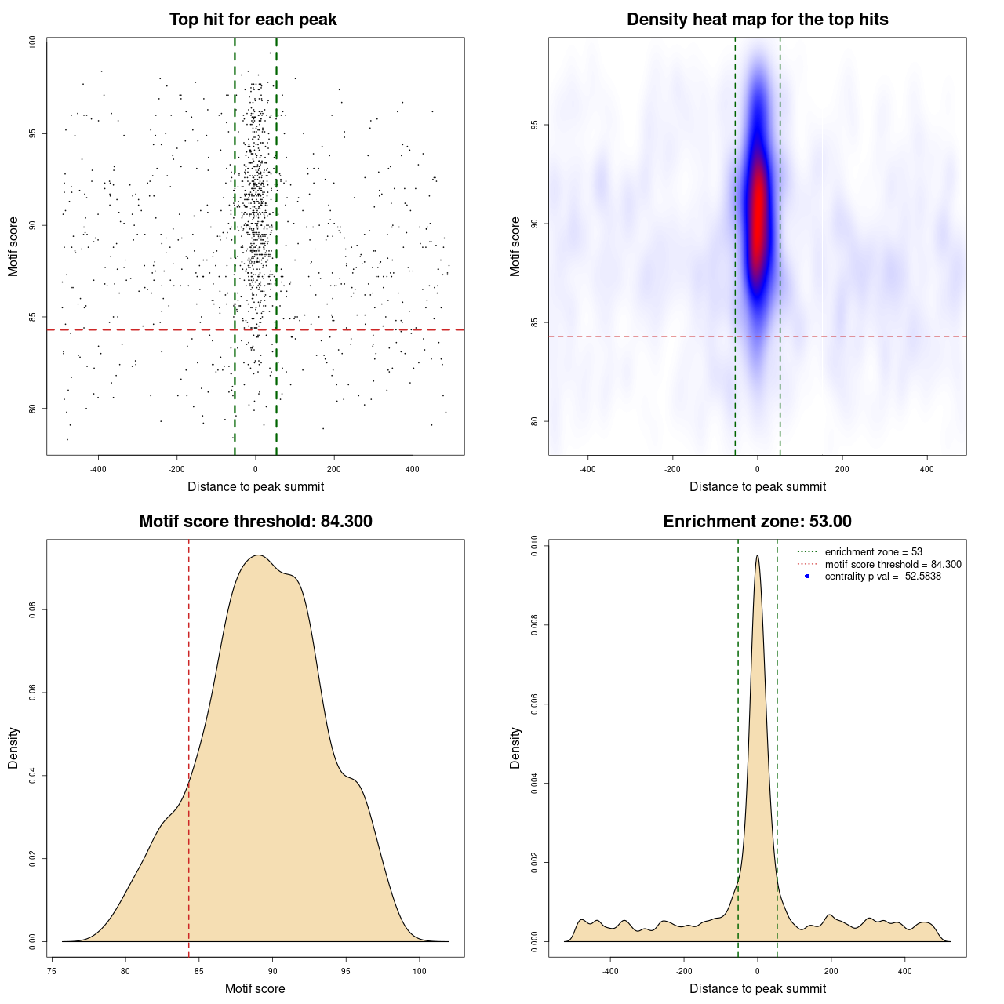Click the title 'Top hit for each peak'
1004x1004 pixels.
click(253, 20)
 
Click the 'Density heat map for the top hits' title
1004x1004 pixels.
click(757, 20)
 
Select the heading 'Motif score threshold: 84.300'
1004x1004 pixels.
click(255, 522)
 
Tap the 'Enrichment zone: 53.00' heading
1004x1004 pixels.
click(757, 522)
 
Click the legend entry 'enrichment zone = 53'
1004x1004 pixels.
click(873, 552)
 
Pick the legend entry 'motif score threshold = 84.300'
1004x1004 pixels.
click(893, 565)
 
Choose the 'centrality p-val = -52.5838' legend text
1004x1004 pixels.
click(882, 577)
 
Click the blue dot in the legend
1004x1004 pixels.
click(807, 577)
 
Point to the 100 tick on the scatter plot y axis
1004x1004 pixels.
click(33, 42)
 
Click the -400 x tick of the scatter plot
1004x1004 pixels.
click(98, 469)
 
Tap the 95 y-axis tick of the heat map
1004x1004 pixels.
click(535, 125)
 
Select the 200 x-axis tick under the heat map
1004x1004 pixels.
click(842, 469)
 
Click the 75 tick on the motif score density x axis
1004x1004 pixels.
click(52, 971)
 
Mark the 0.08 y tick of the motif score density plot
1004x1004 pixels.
click(33, 609)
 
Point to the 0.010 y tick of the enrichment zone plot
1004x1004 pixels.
click(535, 546)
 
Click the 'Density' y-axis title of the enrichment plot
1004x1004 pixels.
click(515, 748)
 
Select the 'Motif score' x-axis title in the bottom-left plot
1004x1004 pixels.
click(255, 988)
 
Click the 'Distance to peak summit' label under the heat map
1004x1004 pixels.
click(757, 486)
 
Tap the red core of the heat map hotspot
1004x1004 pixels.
click(758, 212)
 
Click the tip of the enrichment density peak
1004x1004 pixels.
click(757, 556)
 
